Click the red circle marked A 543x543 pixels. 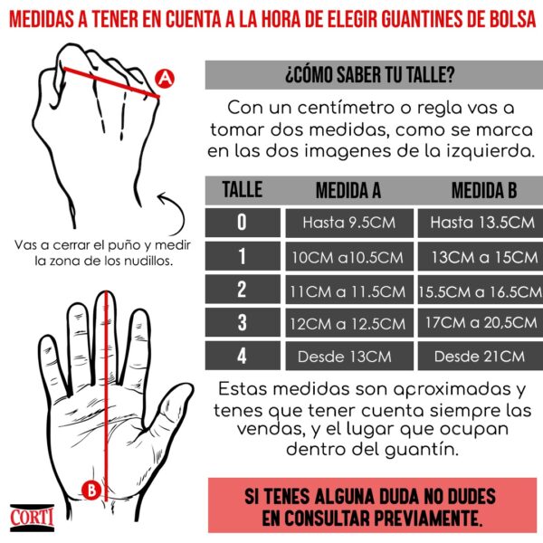click(x=165, y=79)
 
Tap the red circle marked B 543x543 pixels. click(x=91, y=490)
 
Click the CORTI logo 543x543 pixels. click(x=32, y=518)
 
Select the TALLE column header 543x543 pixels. click(x=242, y=189)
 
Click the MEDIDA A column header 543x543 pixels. click(x=348, y=190)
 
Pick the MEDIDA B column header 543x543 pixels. click(x=484, y=190)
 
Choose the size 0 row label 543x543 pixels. click(x=243, y=223)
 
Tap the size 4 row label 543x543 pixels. click(x=243, y=356)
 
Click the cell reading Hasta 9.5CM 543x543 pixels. click(x=349, y=223)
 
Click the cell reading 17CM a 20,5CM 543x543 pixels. click(x=481, y=323)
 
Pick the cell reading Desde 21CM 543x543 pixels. click(x=481, y=356)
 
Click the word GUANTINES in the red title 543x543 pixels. click(x=422, y=19)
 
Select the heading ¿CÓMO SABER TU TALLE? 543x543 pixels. click(x=370, y=75)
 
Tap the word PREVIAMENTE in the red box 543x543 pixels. click(x=428, y=519)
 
